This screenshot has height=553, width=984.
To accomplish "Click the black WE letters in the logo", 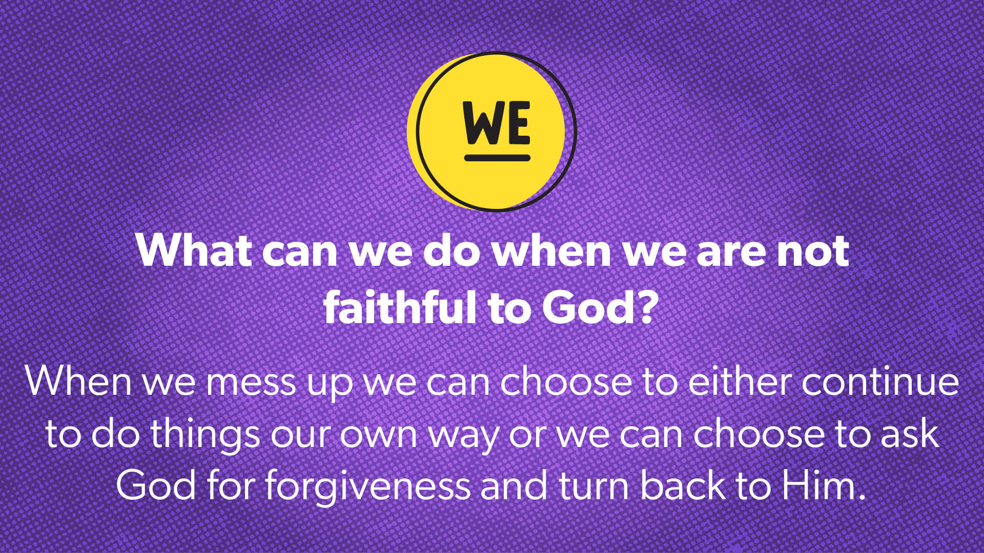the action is (x=497, y=123).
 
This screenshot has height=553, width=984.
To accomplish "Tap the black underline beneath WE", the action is (x=497, y=158).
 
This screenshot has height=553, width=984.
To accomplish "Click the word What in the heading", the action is (x=194, y=250).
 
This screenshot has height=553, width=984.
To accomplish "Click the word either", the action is (x=741, y=381).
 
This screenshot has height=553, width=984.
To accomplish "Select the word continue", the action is (x=880, y=381).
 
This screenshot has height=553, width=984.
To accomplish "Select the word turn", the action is (x=594, y=486).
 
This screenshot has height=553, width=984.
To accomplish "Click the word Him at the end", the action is (x=820, y=484).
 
